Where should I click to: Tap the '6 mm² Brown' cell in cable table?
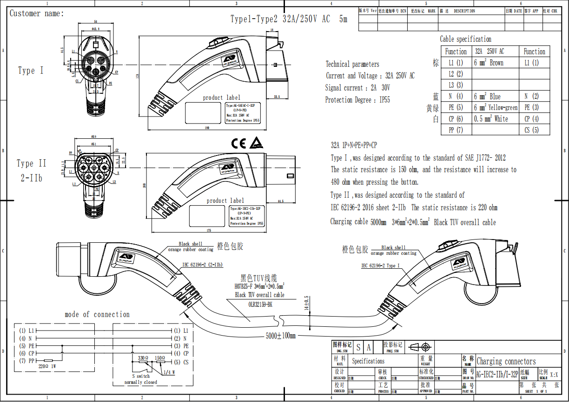[489, 63]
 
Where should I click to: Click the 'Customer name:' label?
[37, 13]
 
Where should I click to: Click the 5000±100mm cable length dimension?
[281, 335]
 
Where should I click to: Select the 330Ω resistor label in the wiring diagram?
[143, 358]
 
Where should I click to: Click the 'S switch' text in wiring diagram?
[141, 376]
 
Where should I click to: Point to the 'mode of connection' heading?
[97, 314]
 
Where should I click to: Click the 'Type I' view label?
[31, 71]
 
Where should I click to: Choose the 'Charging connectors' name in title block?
[506, 361]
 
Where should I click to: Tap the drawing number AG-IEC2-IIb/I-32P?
[496, 375]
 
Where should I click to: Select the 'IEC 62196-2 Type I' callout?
[380, 266]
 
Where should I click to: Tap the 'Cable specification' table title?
[465, 39]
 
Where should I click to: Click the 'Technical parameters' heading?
[352, 65]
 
